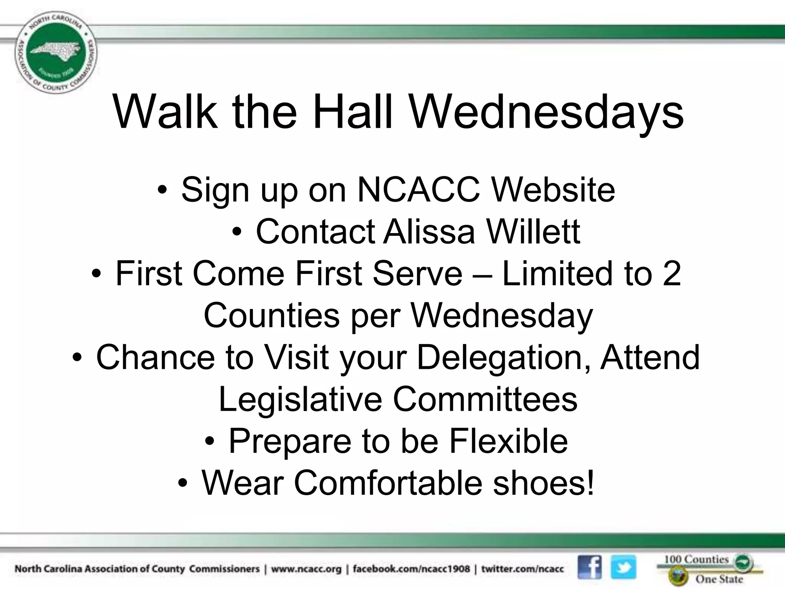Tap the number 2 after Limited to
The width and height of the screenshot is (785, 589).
pos(672,273)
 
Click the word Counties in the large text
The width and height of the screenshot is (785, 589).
pos(271,315)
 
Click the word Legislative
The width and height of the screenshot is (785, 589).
pos(300,399)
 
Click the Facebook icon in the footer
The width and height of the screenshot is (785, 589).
pos(590,567)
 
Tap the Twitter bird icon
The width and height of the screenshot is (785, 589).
pos(623,567)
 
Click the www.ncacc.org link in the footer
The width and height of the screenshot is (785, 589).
pos(306,569)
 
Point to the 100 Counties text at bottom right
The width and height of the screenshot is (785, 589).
pos(696,559)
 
